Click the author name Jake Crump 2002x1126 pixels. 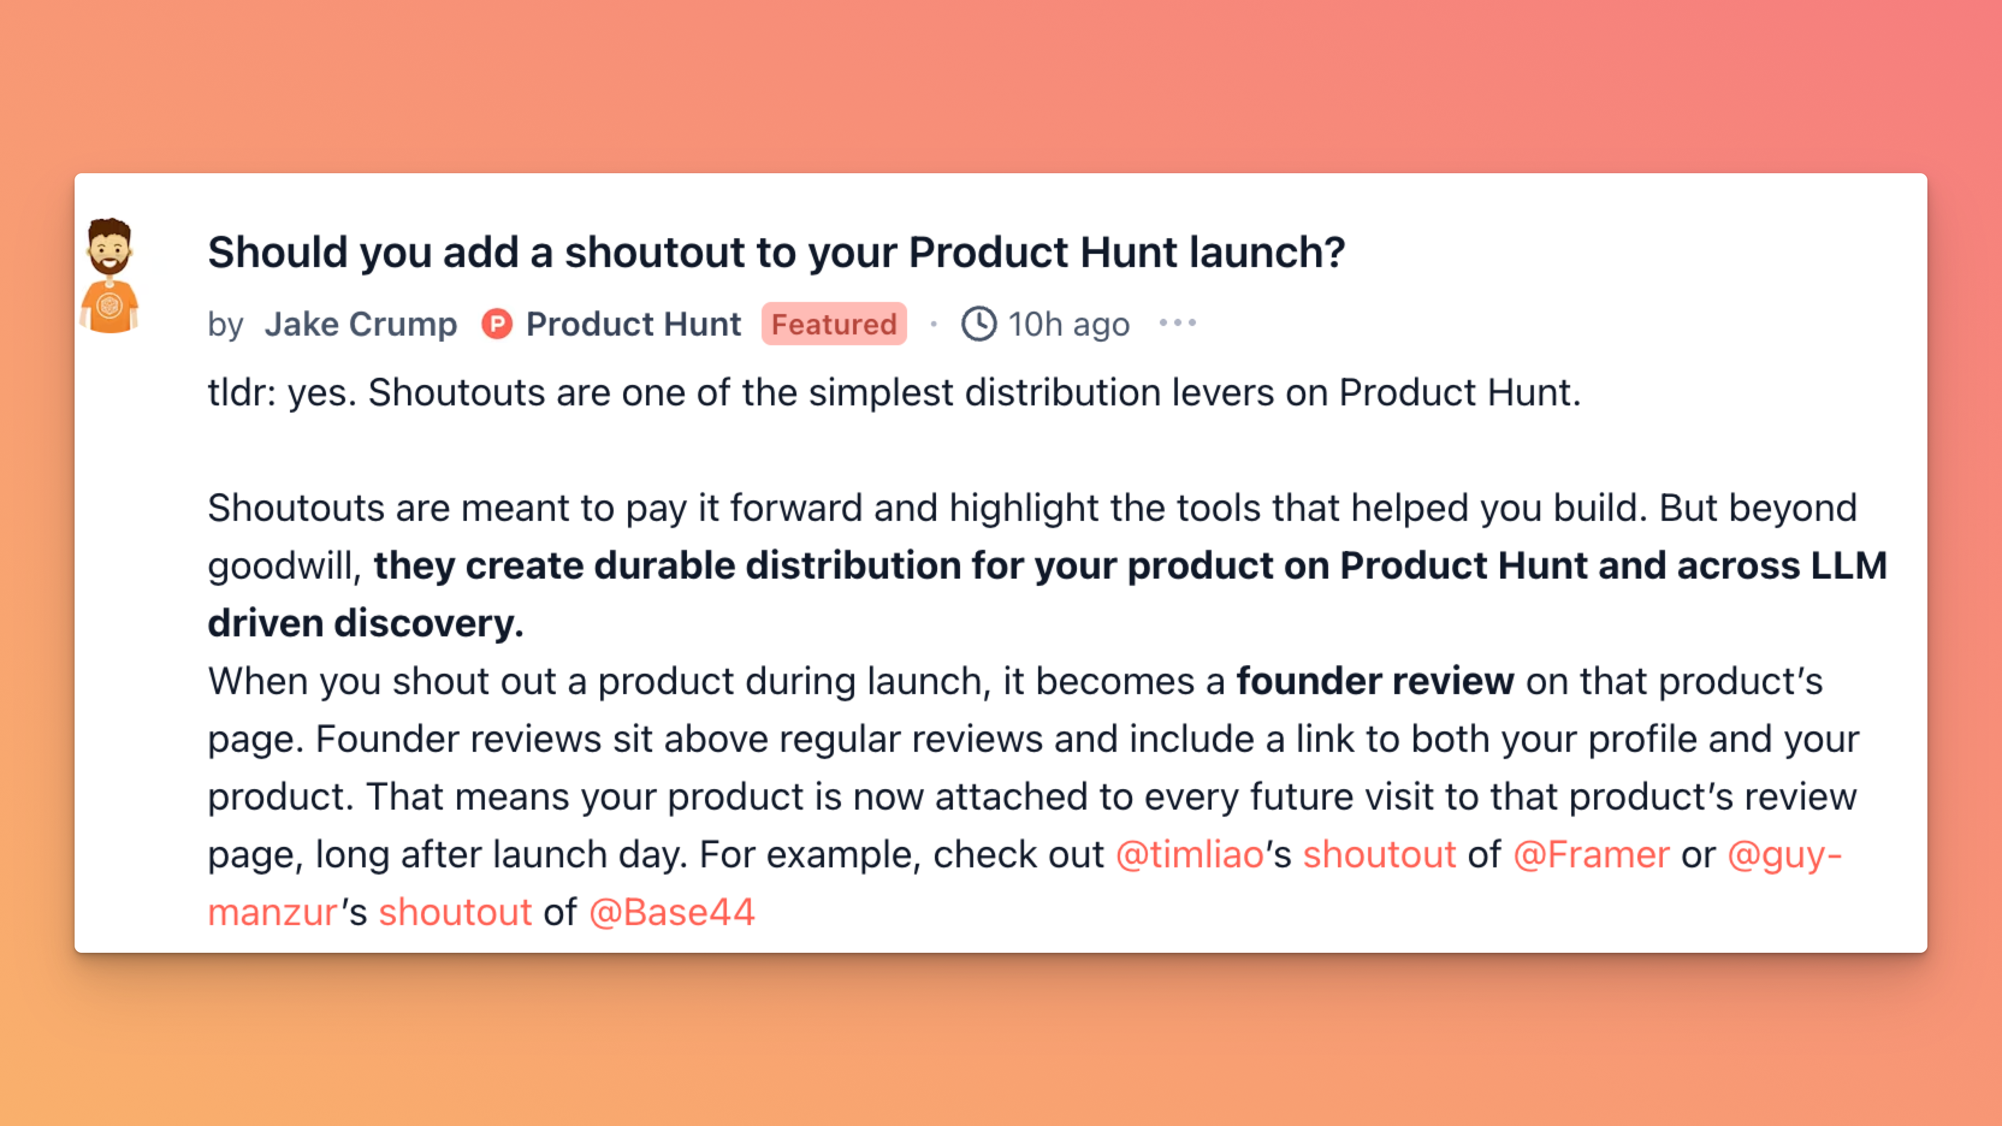click(x=360, y=324)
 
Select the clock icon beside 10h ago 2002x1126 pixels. click(x=979, y=323)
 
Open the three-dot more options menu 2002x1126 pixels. click(x=1177, y=322)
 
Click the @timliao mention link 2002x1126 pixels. click(x=1190, y=855)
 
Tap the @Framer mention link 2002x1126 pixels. click(x=1591, y=855)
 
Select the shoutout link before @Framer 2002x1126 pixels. click(x=1379, y=855)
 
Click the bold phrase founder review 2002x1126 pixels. click(x=1375, y=681)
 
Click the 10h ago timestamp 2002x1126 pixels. click(x=1068, y=324)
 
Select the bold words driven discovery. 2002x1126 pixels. click(x=365, y=623)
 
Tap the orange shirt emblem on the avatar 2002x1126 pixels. click(x=109, y=306)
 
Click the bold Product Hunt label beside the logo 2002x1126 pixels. click(x=633, y=324)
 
